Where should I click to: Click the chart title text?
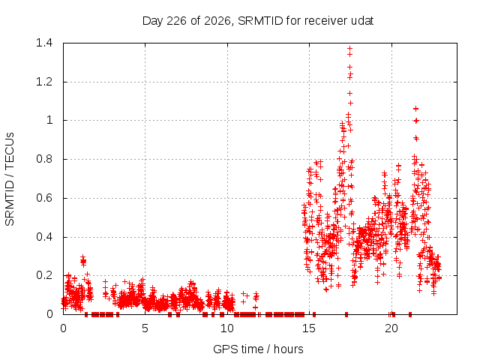(x=258, y=21)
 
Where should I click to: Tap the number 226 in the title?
(x=176, y=21)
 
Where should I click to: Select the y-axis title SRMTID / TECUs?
(x=10, y=179)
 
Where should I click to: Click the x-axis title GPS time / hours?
(x=258, y=349)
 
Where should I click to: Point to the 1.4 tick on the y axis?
(x=44, y=43)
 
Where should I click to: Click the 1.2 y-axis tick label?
(x=44, y=82)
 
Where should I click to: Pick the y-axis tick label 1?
(x=49, y=120)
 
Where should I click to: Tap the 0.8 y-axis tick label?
(x=44, y=159)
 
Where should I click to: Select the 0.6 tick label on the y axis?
(x=44, y=198)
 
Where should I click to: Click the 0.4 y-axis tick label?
(x=44, y=237)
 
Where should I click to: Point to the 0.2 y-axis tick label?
(x=44, y=275)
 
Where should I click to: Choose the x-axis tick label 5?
(x=145, y=328)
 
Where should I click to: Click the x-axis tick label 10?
(x=227, y=328)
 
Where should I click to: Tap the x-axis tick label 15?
(x=309, y=328)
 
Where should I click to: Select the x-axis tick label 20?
(x=391, y=328)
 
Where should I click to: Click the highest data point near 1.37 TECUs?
(x=349, y=48)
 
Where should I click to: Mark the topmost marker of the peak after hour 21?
(x=415, y=109)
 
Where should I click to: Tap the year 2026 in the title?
(x=217, y=22)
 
